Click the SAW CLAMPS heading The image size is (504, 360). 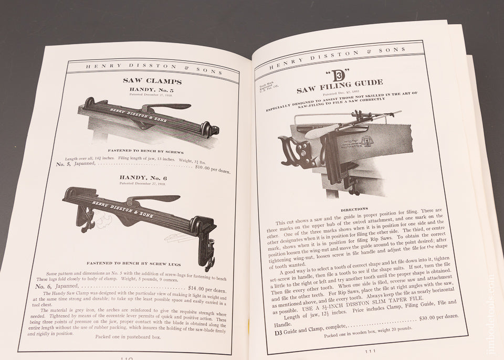coord(152,81)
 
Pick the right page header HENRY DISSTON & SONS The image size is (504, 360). coord(337,57)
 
